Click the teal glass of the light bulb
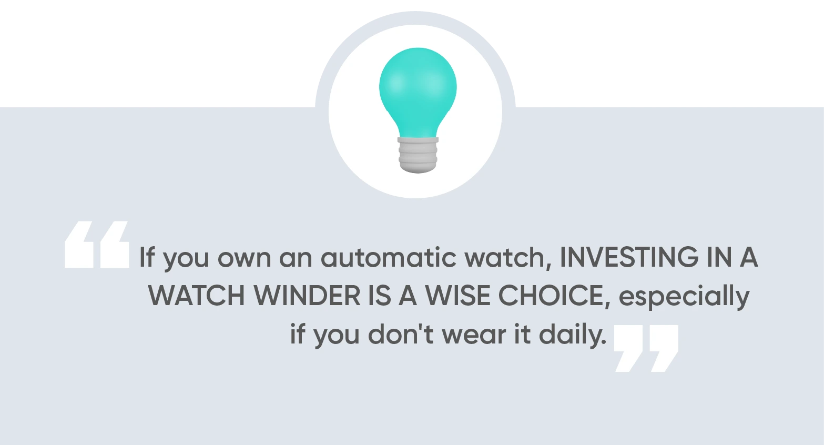418,89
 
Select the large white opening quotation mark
97,245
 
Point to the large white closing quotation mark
646,348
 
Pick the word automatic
389,257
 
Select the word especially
684,297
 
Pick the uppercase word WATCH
197,296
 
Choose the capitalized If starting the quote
147,257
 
